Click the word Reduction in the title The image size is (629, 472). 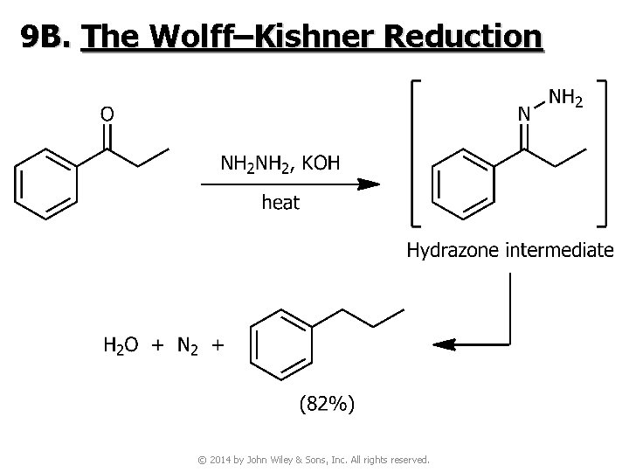coord(463,37)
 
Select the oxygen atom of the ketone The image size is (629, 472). coord(107,115)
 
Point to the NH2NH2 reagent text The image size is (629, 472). coord(255,163)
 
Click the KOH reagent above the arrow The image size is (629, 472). coord(321,163)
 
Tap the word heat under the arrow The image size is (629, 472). coord(280,202)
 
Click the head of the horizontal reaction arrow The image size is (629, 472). coord(369,184)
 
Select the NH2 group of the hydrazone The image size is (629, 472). coord(565,98)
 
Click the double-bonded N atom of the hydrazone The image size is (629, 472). coord(524,114)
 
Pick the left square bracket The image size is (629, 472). coord(416,154)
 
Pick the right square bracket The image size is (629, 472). coord(602,154)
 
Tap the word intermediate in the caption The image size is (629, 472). coord(560,250)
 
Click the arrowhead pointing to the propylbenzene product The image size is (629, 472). coord(444,344)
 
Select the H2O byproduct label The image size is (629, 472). coord(121,345)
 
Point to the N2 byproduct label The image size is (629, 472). coord(187,345)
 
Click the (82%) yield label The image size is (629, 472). coord(327,403)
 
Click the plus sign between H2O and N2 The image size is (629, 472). coord(157,344)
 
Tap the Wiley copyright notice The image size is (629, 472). coord(314,460)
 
